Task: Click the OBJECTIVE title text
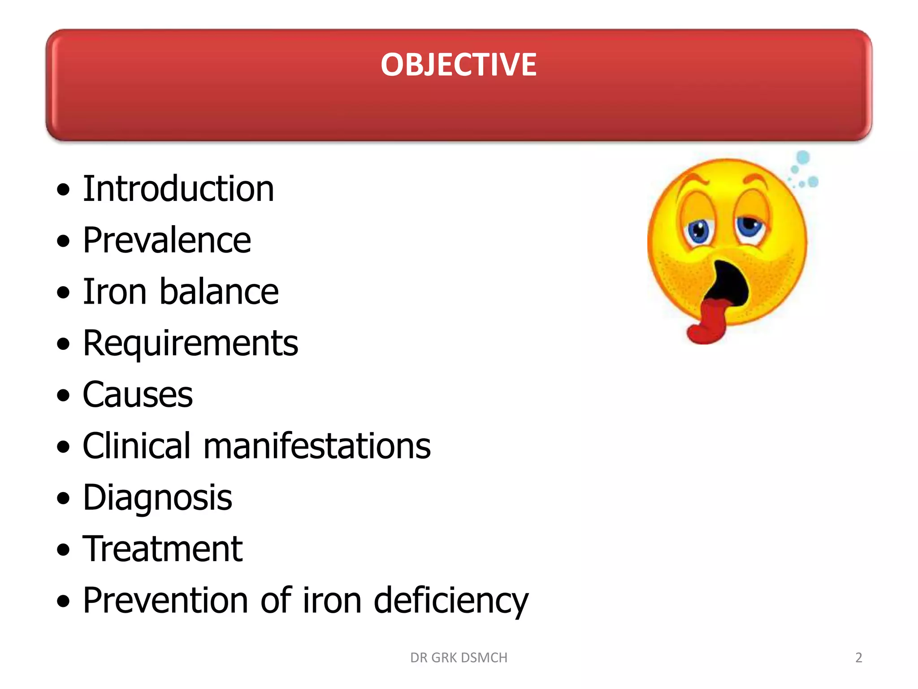[458, 65]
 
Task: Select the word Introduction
[178, 189]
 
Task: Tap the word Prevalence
[167, 240]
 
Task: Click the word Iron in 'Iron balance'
[115, 292]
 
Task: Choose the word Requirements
[190, 344]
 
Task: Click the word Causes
[138, 395]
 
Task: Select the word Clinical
[136, 446]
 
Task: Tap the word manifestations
[317, 446]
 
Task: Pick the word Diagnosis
[157, 497]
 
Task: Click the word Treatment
[162, 549]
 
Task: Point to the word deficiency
[451, 601]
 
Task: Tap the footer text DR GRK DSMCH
[459, 658]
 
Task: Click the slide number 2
[858, 658]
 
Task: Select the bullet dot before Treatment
[64, 549]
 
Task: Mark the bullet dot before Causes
[64, 395]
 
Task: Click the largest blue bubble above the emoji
[803, 157]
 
